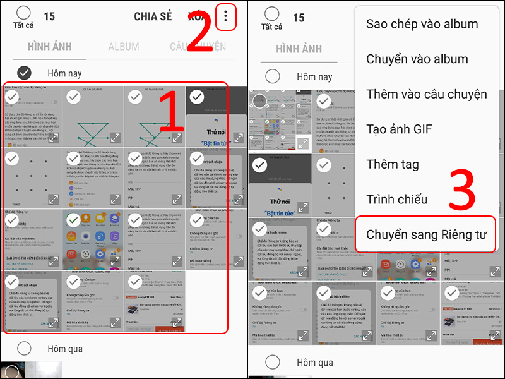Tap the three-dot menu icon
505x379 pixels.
pyautogui.click(x=225, y=17)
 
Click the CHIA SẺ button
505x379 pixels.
pyautogui.click(x=153, y=17)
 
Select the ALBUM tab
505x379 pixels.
pyautogui.click(x=124, y=47)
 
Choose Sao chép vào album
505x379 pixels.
pyautogui.click(x=422, y=24)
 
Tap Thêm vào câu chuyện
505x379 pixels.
pyautogui.click(x=426, y=94)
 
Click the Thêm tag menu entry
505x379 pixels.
pyautogui.click(x=393, y=164)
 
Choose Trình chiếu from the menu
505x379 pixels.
pyautogui.click(x=397, y=200)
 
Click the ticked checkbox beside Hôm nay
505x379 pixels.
pyautogui.click(x=25, y=73)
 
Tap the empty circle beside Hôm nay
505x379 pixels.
pyautogui.click(x=273, y=76)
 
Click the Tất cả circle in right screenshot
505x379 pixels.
pyautogui.click(x=271, y=13)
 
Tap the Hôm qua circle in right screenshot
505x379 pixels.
pyautogui.click(x=273, y=363)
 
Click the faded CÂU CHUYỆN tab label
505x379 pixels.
pyautogui.click(x=197, y=47)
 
